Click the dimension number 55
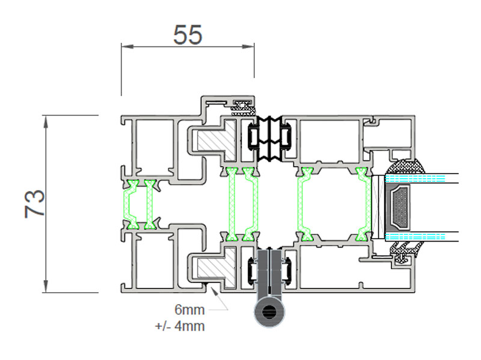pos(188,35)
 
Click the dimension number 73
pos(35,204)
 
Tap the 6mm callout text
pos(189,310)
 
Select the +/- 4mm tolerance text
pos(180,326)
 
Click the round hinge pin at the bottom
pos(269,312)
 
